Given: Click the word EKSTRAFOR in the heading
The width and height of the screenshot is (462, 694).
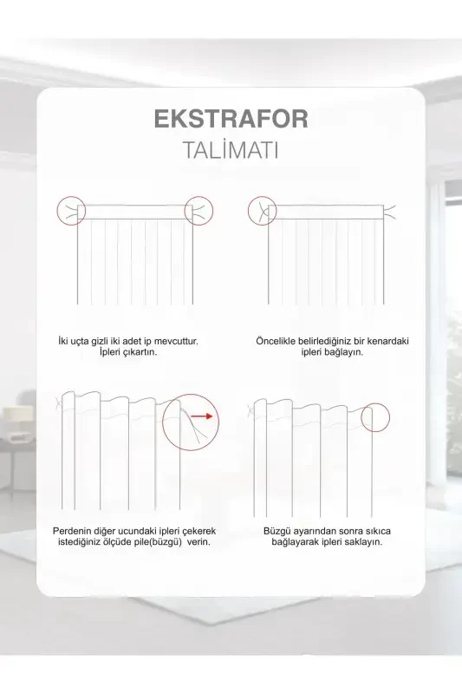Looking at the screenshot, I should coord(231,119).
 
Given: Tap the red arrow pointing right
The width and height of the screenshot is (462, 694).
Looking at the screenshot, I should coord(201,416).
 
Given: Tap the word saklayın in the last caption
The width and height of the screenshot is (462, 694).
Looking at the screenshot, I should coord(363,541).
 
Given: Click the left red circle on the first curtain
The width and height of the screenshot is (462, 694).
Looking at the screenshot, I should coord(71,210).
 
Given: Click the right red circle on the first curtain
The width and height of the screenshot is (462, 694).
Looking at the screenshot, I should coord(199,210).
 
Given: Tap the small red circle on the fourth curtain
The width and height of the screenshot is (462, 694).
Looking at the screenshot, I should coord(375,417).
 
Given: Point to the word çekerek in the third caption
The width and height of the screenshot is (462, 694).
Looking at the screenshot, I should coord(195,530).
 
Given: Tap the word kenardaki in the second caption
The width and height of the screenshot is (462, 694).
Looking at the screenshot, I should coord(384,341).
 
